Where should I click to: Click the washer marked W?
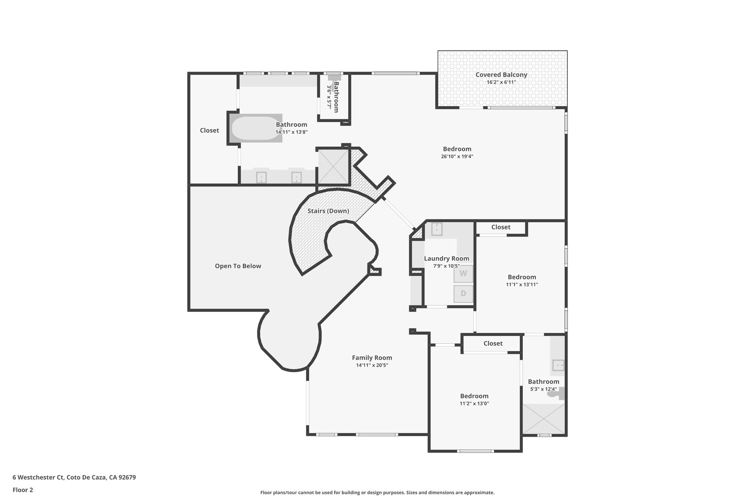pyautogui.click(x=463, y=273)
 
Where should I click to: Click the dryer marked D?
pyautogui.click(x=463, y=294)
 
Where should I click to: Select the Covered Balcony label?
pyautogui.click(x=501, y=75)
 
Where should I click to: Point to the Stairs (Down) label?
pyautogui.click(x=328, y=211)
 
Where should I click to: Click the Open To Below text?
pyautogui.click(x=238, y=266)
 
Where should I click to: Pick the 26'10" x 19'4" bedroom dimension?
pyautogui.click(x=457, y=156)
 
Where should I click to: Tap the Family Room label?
pyautogui.click(x=372, y=357)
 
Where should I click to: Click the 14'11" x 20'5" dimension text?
pyautogui.click(x=372, y=365)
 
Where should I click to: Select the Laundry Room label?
pyautogui.click(x=446, y=259)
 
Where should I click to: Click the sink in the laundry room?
pyautogui.click(x=437, y=229)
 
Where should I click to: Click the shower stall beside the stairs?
pyautogui.click(x=333, y=166)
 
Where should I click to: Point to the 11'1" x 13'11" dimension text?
pyautogui.click(x=522, y=284)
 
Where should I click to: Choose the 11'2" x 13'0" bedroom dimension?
pyautogui.click(x=474, y=404)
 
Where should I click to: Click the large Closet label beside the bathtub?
pyautogui.click(x=209, y=130)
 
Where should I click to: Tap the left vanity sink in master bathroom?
pyautogui.click(x=261, y=178)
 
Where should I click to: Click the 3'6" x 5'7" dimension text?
pyautogui.click(x=329, y=97)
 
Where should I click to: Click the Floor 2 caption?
pyautogui.click(x=23, y=490)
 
